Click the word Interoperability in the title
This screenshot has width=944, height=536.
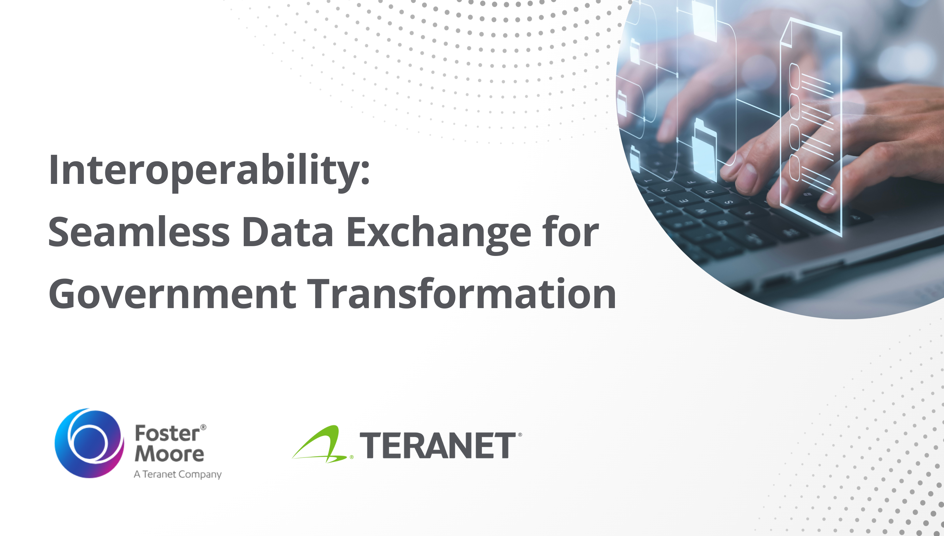(x=202, y=170)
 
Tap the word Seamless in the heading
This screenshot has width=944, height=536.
(x=139, y=233)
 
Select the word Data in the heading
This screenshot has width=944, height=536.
(x=287, y=233)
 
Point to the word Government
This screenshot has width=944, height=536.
(x=172, y=294)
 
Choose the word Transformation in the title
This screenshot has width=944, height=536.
(x=461, y=294)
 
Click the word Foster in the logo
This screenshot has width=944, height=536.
(x=167, y=434)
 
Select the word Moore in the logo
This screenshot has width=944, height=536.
(x=169, y=454)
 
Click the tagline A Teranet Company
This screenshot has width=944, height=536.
(x=178, y=474)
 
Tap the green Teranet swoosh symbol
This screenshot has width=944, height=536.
(x=320, y=445)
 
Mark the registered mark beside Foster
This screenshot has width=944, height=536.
(x=203, y=427)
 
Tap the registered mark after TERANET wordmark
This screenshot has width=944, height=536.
(x=520, y=435)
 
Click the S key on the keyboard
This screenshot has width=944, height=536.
(x=728, y=202)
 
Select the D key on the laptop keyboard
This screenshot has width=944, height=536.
(x=710, y=192)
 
